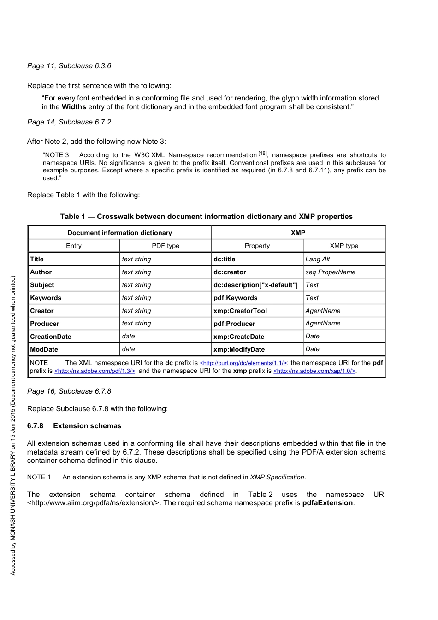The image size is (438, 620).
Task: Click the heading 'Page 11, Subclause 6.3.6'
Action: click(x=69, y=66)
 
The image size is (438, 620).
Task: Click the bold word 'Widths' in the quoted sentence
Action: click(x=74, y=107)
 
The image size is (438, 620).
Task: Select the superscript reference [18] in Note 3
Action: click(x=262, y=154)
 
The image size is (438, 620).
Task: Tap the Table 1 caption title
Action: click(x=206, y=217)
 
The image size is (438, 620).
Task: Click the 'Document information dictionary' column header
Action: click(x=119, y=233)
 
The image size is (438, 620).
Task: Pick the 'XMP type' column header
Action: click(x=344, y=246)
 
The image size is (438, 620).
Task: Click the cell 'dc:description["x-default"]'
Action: click(x=255, y=285)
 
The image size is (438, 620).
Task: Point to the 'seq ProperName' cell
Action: click(x=330, y=272)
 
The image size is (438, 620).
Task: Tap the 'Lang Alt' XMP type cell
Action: click(x=318, y=259)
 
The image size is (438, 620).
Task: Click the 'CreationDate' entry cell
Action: click(x=51, y=337)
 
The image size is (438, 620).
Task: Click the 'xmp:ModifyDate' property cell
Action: click(x=239, y=349)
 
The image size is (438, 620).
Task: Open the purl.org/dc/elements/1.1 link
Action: click(x=243, y=363)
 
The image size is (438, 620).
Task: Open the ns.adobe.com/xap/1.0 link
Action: click(x=314, y=371)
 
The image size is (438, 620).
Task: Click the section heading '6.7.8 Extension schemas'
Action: click(x=74, y=426)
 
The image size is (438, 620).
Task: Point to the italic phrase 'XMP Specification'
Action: click(x=277, y=477)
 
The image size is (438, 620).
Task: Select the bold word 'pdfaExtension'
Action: click(x=327, y=503)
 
